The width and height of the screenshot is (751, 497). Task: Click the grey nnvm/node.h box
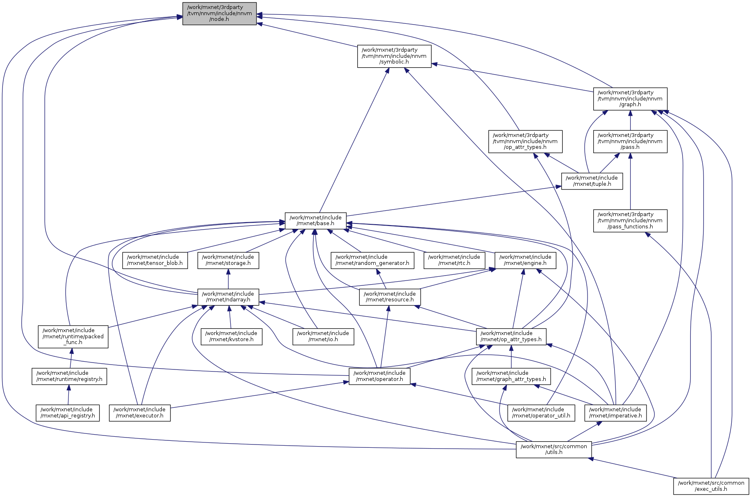point(219,14)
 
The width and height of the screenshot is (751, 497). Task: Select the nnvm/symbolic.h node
point(394,56)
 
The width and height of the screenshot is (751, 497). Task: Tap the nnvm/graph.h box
point(630,99)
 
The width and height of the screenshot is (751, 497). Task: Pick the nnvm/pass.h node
point(630,141)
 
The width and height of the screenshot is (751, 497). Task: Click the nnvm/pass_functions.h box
point(630,221)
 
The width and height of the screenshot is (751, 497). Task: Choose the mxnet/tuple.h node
point(592,181)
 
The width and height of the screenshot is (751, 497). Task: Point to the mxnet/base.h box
point(315,221)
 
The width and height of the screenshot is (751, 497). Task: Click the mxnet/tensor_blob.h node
point(155,260)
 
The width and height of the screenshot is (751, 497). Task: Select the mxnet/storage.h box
point(228,260)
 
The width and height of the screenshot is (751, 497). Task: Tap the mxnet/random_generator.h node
point(372,260)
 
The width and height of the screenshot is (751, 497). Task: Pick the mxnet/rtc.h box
point(454,260)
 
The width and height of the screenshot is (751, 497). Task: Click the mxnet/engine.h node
point(525,260)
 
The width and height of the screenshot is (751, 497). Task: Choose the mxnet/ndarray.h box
point(228,297)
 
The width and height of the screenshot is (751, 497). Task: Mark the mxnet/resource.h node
point(390,297)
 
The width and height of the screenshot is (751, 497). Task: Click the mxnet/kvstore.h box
point(231,336)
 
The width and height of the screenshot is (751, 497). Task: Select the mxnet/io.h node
point(323,336)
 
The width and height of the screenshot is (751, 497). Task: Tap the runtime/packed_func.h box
point(73,336)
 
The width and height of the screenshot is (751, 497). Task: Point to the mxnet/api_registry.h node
point(68,413)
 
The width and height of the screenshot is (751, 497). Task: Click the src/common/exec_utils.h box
point(711,486)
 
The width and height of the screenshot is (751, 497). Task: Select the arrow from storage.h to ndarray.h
point(228,279)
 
